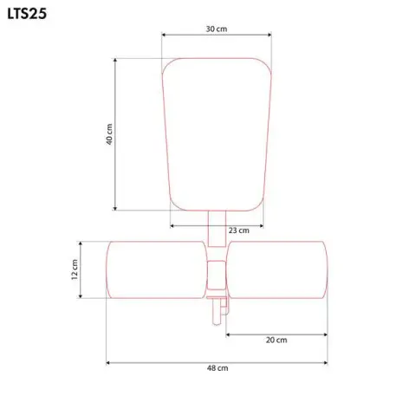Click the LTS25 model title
(x=27, y=14)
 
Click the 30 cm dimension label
(x=217, y=29)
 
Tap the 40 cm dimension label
(x=109, y=134)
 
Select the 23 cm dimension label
(x=239, y=230)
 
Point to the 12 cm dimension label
(x=75, y=269)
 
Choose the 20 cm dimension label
(x=276, y=340)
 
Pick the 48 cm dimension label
(x=217, y=368)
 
